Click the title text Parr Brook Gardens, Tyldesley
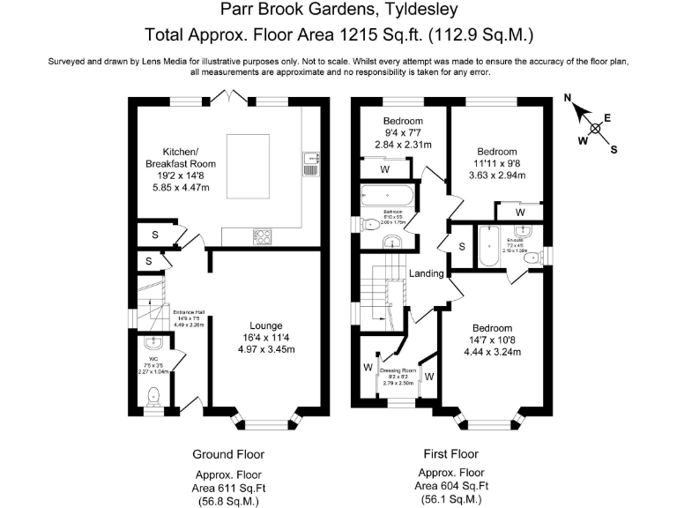[x=338, y=11]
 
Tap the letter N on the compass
[x=569, y=98]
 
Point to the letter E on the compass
[x=607, y=117]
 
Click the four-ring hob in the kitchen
[x=263, y=235]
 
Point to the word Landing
[x=427, y=274]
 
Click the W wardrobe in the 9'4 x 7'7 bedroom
[x=384, y=168]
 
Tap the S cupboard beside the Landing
[x=461, y=246]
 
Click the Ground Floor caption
[x=228, y=454]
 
